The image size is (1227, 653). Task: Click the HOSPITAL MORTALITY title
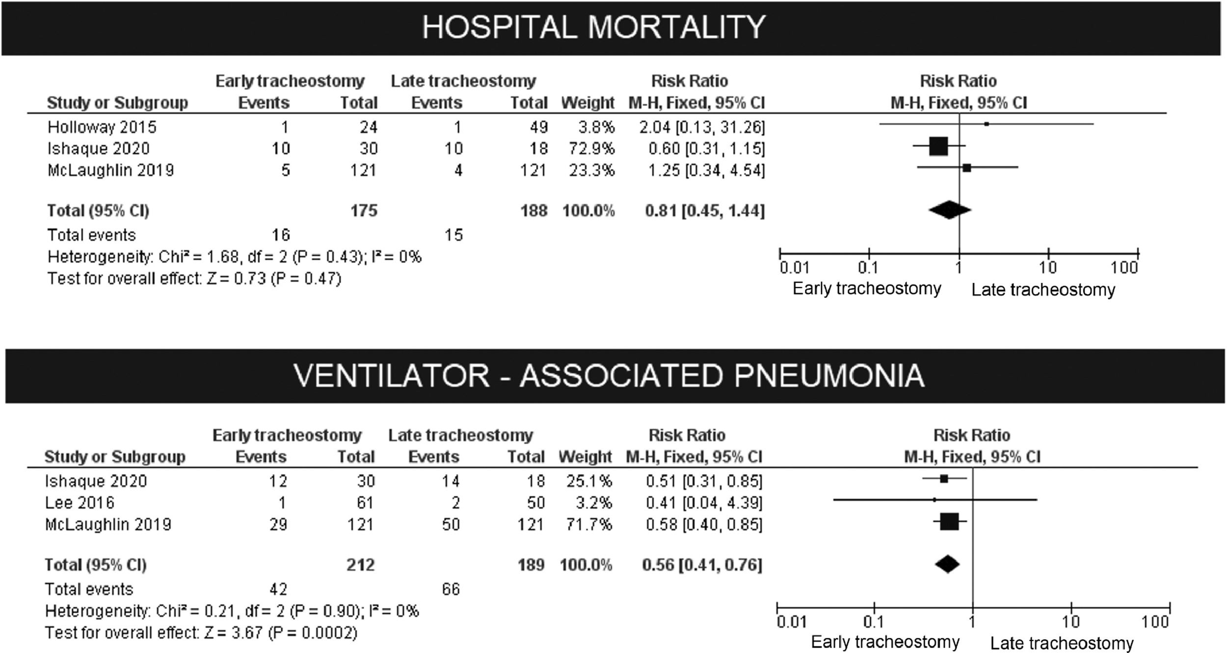pos(593,27)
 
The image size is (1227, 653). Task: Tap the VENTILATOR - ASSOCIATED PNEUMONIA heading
pos(609,376)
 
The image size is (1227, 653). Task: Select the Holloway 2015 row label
pos(102,127)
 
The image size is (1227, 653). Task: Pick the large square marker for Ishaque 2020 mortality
pos(938,146)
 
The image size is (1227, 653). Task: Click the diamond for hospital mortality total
pos(949,210)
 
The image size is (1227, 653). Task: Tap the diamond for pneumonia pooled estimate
pos(947,564)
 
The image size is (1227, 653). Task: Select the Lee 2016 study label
pos(80,503)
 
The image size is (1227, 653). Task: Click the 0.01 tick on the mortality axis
pos(794,268)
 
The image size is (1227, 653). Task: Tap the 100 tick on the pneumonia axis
pos(1154,622)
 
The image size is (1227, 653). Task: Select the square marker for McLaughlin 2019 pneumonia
pos(949,521)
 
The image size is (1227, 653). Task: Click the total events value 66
pos(451,589)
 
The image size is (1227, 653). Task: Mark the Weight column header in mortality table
pos(587,103)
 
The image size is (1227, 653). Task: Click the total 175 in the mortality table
pos(364,211)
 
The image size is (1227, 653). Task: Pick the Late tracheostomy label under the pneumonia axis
pos(1062,643)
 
